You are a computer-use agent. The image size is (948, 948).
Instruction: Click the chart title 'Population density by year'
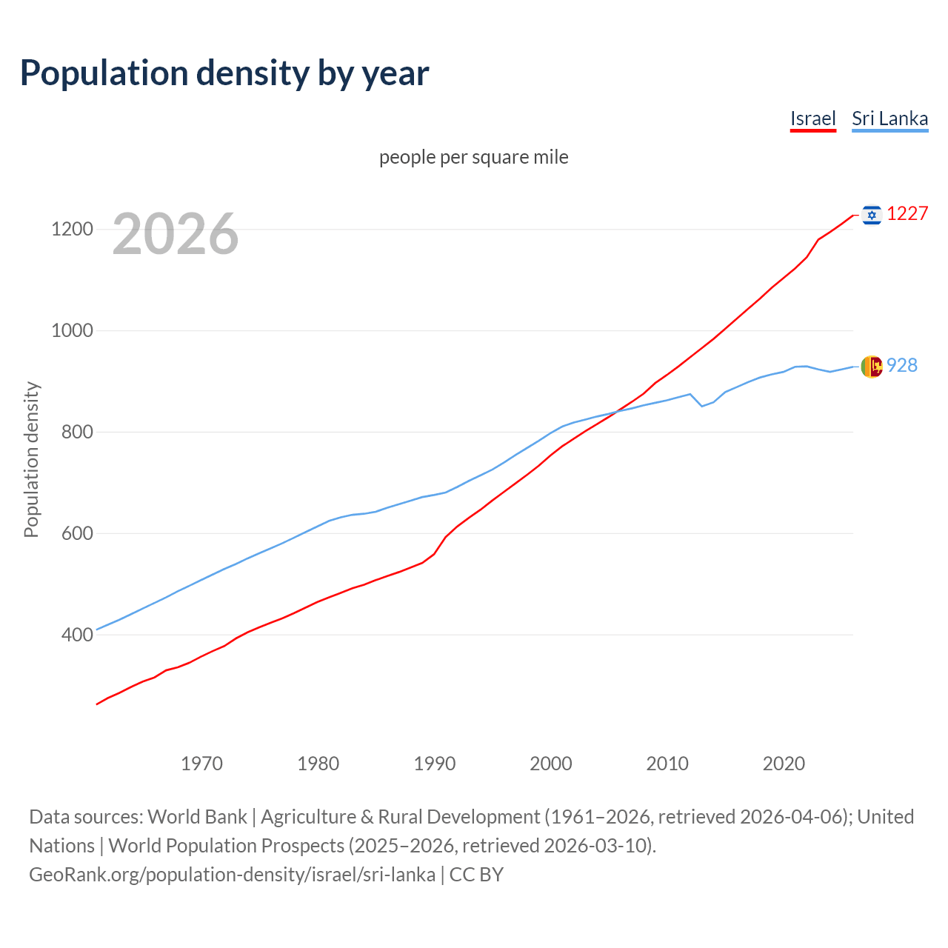[224, 73]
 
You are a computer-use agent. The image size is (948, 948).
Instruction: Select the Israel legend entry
[812, 118]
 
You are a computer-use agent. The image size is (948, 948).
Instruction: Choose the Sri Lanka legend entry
[889, 118]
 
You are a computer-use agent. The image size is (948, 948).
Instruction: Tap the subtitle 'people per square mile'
[473, 157]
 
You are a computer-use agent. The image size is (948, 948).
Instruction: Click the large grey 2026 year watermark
[176, 234]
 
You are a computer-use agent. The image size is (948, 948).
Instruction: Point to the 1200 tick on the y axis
[72, 229]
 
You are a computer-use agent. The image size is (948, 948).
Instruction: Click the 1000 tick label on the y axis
[72, 330]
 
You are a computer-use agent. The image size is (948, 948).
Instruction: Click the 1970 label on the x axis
[201, 764]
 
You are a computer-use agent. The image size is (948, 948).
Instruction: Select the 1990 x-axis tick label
[435, 764]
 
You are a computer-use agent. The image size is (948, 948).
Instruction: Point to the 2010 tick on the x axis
[667, 764]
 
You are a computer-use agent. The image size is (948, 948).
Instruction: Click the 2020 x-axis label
[784, 764]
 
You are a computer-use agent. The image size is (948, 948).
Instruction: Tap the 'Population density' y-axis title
[31, 459]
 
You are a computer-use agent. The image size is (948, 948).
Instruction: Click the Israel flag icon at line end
[872, 215]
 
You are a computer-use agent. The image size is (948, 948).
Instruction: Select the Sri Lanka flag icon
[872, 366]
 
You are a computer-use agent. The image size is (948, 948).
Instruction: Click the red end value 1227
[907, 214]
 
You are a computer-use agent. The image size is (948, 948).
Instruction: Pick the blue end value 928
[902, 365]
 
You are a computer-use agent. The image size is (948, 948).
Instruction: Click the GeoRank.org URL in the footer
[232, 875]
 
